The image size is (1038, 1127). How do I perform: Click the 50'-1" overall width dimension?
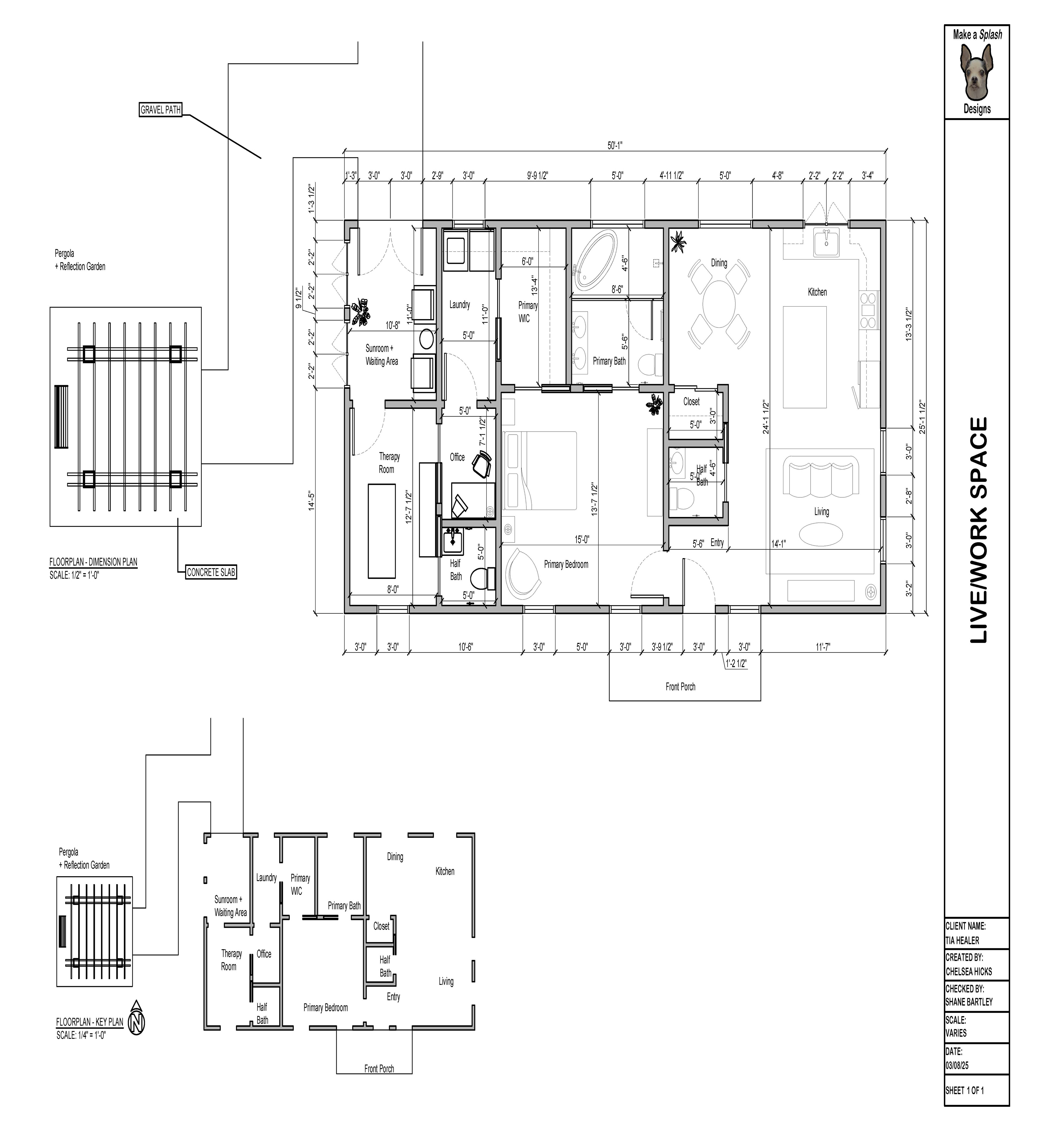pos(615,145)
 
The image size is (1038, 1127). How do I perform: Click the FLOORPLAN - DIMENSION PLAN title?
pos(93,562)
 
